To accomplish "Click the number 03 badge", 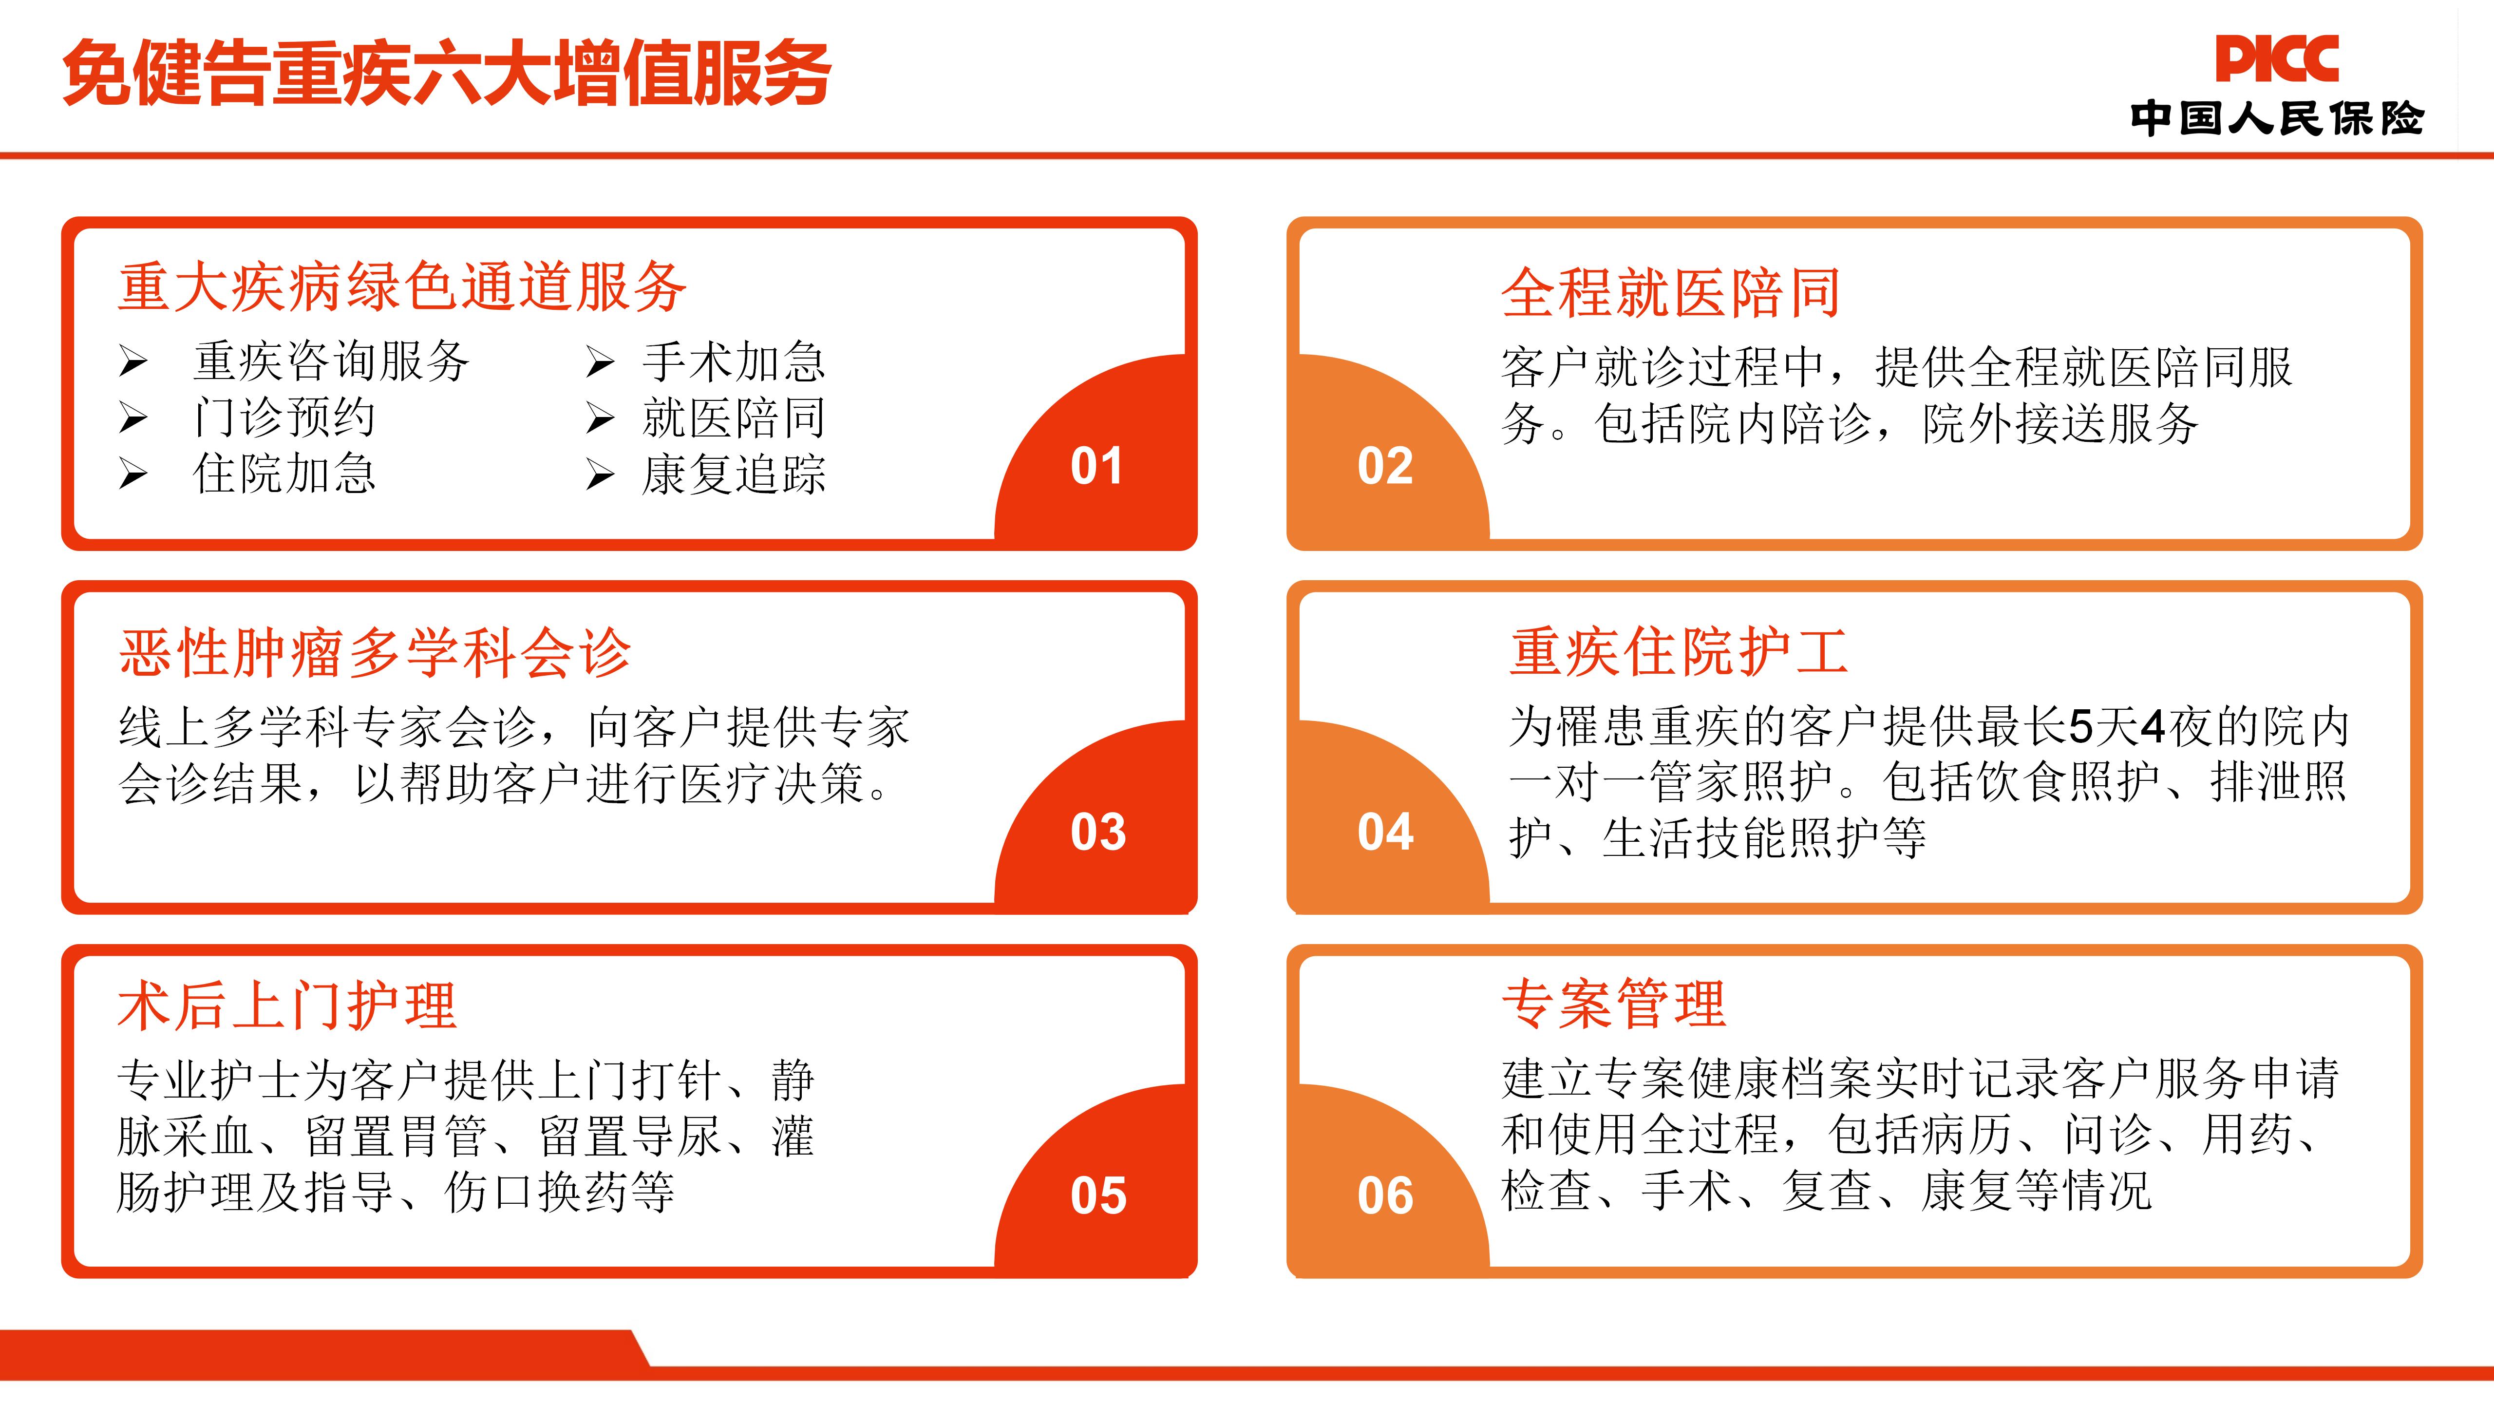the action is click(x=1098, y=832).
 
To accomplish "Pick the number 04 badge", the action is click(x=1385, y=832).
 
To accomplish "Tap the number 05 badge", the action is click(x=1098, y=1196).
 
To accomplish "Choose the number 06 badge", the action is click(x=1385, y=1196).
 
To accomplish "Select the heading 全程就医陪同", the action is click(x=1671, y=292).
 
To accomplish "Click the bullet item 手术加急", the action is click(x=734, y=362).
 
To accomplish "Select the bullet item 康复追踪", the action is click(x=734, y=474).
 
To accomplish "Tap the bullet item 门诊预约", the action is click(x=284, y=418).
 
